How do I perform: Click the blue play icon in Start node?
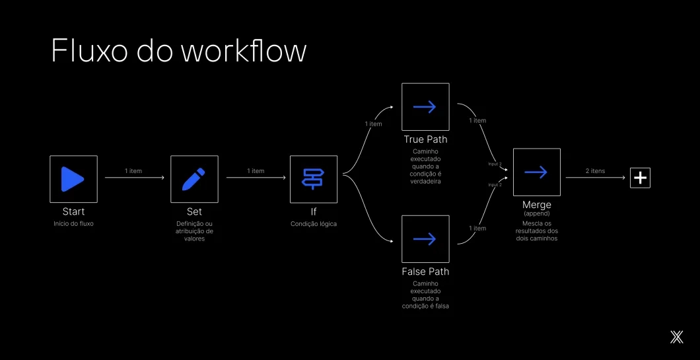(x=73, y=179)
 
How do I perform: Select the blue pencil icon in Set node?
(x=193, y=179)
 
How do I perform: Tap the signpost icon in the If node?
(x=314, y=179)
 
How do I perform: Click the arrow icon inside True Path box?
(x=425, y=107)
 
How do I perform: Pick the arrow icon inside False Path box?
(x=425, y=239)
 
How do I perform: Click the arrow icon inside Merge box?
(x=536, y=172)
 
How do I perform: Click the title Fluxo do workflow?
(x=178, y=51)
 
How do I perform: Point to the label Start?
(x=73, y=212)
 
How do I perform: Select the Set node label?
(x=194, y=212)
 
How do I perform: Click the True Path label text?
(x=425, y=139)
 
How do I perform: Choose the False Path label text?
(x=425, y=271)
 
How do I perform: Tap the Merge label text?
(x=536, y=205)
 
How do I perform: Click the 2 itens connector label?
(x=595, y=171)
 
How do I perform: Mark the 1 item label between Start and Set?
(x=133, y=171)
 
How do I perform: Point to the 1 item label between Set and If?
(x=256, y=171)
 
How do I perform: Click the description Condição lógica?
(x=314, y=224)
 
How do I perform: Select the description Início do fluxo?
(x=73, y=224)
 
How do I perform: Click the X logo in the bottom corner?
(x=676, y=337)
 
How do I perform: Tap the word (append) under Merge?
(x=536, y=214)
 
